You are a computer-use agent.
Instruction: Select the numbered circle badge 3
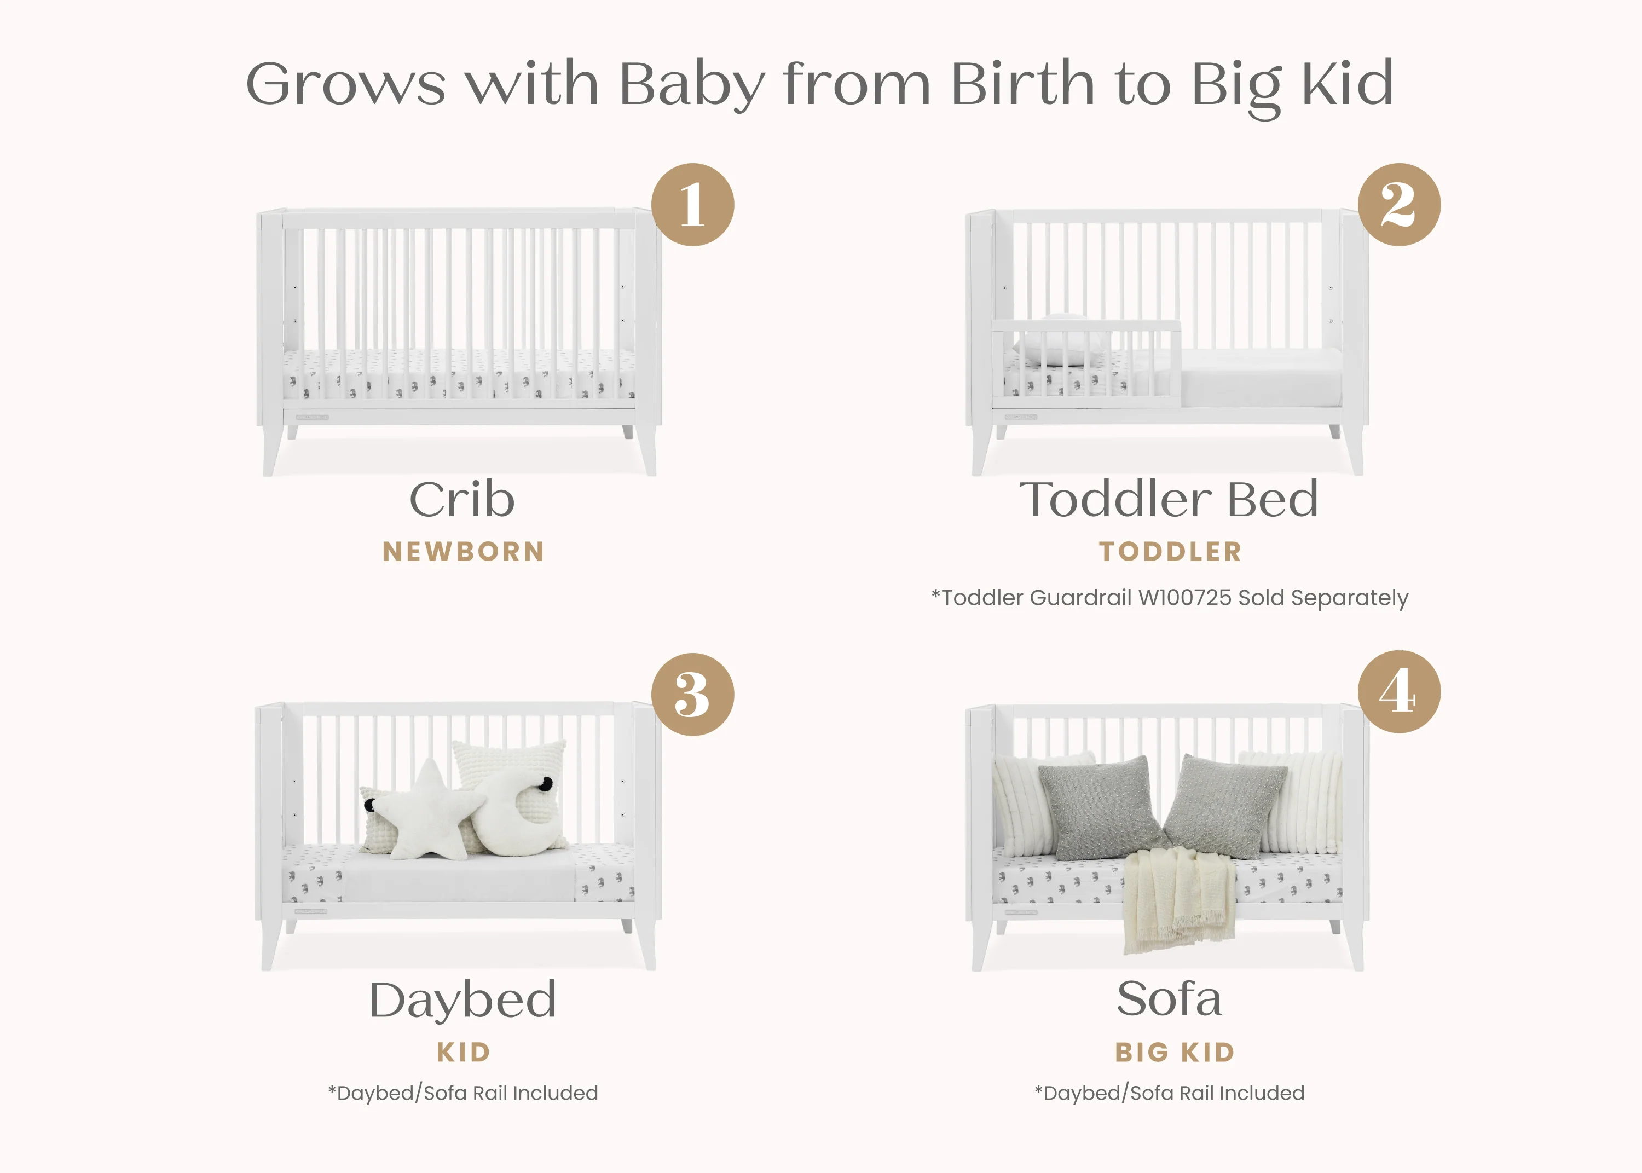(692, 694)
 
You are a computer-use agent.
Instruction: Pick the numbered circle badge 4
(1398, 691)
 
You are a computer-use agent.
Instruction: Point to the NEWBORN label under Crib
(463, 552)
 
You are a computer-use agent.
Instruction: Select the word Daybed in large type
(463, 1001)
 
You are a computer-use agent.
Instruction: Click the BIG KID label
(1175, 1053)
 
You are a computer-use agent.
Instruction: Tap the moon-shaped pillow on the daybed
(516, 813)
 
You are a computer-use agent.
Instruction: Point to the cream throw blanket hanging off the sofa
(1178, 899)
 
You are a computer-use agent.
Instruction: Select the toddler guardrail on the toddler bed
(1086, 361)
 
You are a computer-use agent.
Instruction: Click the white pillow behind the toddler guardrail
(1060, 341)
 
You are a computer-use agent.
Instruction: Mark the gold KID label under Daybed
(464, 1053)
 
